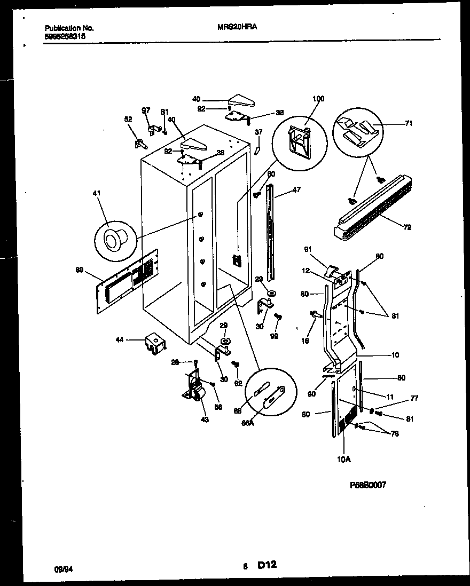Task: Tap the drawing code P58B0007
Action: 367,485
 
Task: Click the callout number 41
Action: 96,193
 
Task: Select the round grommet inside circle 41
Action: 114,240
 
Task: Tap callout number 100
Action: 318,99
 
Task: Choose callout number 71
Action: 409,123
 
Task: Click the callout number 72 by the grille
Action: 408,227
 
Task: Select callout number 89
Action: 80,270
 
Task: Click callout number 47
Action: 296,189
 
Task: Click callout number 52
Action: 128,120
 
